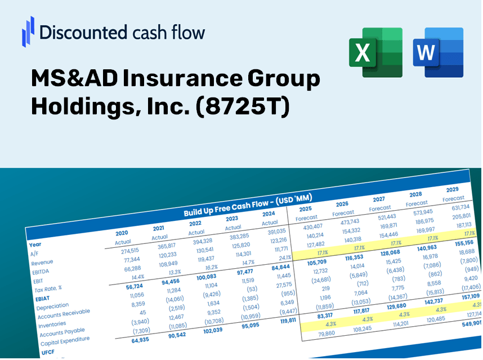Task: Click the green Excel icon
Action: tap(375, 52)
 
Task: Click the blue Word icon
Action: tap(437, 52)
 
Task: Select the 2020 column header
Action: tap(122, 233)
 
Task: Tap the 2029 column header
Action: tap(452, 189)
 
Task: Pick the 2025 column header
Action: tap(306, 208)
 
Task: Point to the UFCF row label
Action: tap(48, 352)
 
